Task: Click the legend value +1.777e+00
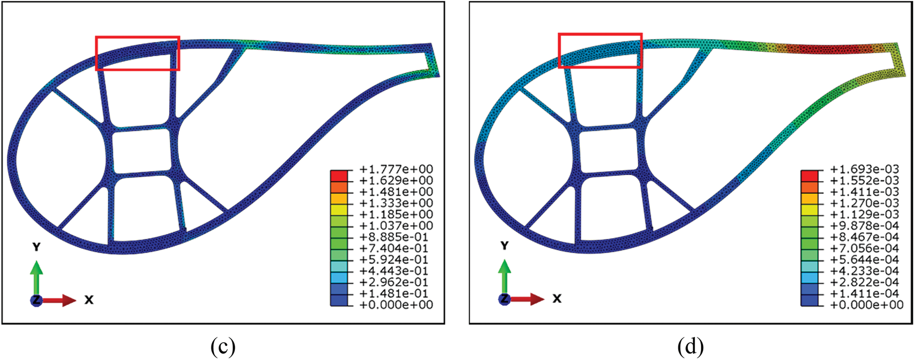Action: pos(396,169)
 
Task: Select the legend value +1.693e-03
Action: pos(864,169)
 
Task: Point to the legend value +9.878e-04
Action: pos(864,226)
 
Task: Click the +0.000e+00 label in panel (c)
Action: pos(396,305)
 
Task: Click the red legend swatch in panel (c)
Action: pos(339,176)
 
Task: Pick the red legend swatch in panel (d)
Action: pos(810,176)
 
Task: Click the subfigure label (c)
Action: pos(223,347)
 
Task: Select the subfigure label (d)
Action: pos(691,347)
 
